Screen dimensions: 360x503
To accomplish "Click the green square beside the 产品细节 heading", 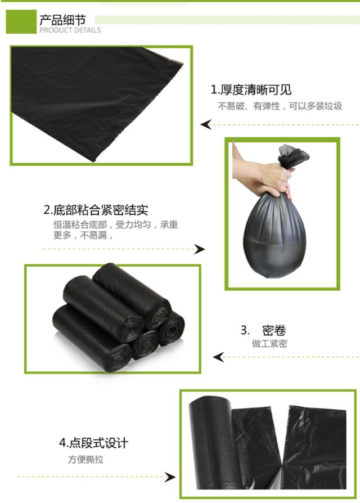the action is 21,21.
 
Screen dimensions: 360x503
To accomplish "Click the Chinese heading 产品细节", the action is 63,20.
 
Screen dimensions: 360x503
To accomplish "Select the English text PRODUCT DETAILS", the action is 70,30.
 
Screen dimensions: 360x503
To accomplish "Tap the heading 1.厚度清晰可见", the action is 251,90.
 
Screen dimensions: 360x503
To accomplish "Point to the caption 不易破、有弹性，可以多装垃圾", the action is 280,106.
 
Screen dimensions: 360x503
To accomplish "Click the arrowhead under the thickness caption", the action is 206,124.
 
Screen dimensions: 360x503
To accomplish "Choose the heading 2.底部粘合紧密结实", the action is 96,210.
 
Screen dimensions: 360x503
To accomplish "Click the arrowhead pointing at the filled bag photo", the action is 199,249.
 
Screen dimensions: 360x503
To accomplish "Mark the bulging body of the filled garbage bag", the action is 275,236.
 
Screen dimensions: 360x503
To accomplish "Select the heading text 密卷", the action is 274,330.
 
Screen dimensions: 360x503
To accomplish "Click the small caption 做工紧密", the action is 269,344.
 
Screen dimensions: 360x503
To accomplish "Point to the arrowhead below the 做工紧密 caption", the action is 219,357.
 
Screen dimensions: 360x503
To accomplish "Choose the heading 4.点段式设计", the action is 93,443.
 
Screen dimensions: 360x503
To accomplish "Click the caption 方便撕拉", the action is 85,459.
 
